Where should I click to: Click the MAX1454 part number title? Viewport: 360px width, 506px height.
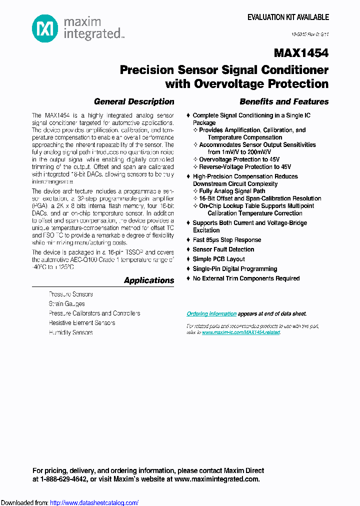click(301, 53)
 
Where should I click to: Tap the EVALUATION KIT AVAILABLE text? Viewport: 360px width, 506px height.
click(288, 17)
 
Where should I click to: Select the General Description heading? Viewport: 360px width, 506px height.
click(134, 101)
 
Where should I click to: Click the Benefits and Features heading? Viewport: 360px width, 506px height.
click(284, 101)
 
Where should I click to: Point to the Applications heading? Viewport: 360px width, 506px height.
click(149, 280)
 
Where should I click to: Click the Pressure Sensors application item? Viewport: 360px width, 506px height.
click(70, 294)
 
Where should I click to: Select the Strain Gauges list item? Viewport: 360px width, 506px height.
click(66, 304)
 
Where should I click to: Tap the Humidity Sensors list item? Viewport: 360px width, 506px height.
click(70, 332)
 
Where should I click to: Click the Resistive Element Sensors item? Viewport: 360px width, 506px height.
click(82, 323)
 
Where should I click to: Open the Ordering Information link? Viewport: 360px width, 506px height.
click(211, 314)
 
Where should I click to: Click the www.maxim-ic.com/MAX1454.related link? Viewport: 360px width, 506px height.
click(241, 332)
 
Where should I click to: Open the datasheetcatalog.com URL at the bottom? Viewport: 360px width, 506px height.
click(94, 503)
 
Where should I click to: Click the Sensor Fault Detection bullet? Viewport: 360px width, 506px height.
click(223, 249)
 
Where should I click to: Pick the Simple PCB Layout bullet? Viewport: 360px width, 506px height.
click(219, 259)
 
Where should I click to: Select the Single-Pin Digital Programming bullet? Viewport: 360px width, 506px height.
click(235, 269)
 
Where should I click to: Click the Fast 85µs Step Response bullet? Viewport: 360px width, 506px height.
click(227, 240)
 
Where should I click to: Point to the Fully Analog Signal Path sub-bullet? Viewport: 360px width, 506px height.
click(232, 191)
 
